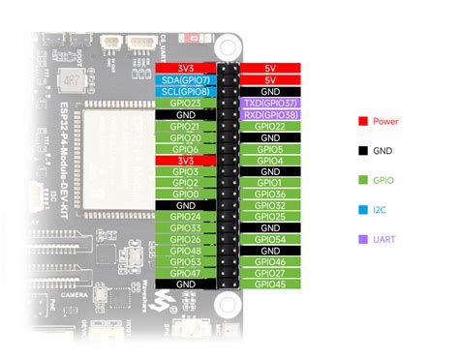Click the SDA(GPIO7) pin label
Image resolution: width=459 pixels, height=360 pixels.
(x=185, y=80)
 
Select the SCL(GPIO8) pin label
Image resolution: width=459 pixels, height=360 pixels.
(x=185, y=92)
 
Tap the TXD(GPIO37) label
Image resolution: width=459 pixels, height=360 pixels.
(x=270, y=103)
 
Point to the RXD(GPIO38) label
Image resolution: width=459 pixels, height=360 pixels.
(x=270, y=114)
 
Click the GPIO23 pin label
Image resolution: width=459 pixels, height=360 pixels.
(x=185, y=103)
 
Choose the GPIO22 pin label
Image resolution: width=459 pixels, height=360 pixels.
(x=270, y=126)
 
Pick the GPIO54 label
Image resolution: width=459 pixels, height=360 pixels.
(x=270, y=239)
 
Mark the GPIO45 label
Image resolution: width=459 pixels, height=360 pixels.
(x=270, y=285)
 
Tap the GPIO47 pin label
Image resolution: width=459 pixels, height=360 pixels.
(x=185, y=273)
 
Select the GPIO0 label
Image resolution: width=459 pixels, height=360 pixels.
(x=185, y=194)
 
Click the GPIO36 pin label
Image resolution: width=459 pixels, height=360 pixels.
(x=270, y=194)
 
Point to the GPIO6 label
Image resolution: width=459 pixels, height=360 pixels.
(x=185, y=148)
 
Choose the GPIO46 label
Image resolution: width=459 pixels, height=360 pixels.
(x=270, y=261)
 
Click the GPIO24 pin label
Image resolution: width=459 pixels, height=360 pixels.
(x=185, y=217)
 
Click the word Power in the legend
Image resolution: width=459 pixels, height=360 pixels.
(x=385, y=122)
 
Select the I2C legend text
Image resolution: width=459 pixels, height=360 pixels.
(x=381, y=208)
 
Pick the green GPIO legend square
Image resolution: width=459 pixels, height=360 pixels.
(x=362, y=179)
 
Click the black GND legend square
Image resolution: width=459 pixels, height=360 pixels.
(x=362, y=150)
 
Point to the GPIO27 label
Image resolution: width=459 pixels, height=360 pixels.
(x=270, y=273)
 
